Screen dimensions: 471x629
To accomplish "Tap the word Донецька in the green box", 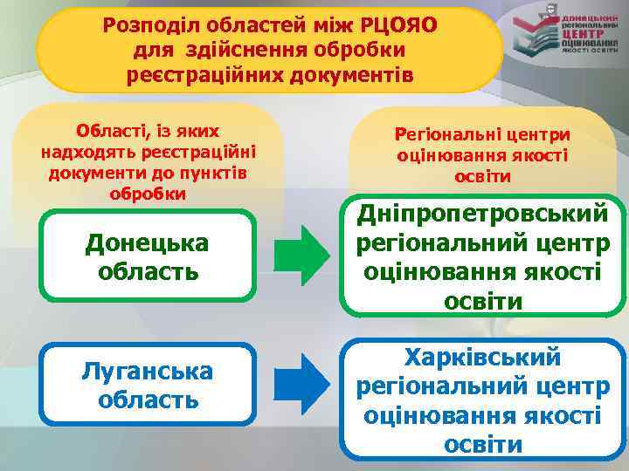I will (x=147, y=242).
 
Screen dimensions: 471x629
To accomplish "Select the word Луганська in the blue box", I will (x=147, y=371).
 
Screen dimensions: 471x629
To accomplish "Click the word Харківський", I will (x=483, y=358).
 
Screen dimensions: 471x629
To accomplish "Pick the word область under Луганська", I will (x=147, y=400).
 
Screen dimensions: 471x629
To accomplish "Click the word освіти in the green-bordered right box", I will (x=483, y=301).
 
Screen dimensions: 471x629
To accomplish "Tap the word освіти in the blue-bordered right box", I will (x=483, y=444).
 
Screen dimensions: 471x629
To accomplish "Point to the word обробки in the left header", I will (x=147, y=193).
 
